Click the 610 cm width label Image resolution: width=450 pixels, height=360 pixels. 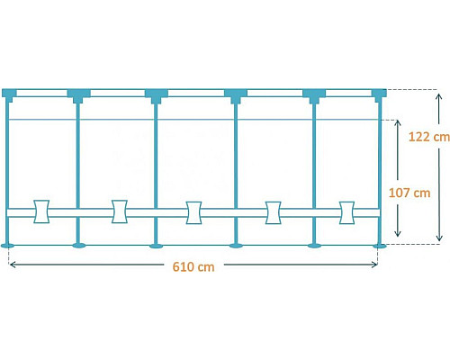pyautogui.click(x=193, y=266)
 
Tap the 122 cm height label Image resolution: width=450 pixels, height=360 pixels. pyautogui.click(x=429, y=137)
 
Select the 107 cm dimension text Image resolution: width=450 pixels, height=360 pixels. pyautogui.click(x=409, y=193)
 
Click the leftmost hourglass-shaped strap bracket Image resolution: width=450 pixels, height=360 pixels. pyautogui.click(x=41, y=211)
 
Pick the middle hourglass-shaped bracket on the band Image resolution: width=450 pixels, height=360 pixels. pyautogui.click(x=193, y=212)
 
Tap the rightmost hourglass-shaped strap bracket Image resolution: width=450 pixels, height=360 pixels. pyautogui.click(x=346, y=212)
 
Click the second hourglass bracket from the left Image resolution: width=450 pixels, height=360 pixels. pyautogui.click(x=120, y=211)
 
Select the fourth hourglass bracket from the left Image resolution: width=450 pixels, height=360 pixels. pyautogui.click(x=274, y=212)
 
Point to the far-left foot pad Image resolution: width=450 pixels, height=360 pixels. pyautogui.click(x=7, y=246)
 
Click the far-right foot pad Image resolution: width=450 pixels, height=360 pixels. pyautogui.click(x=380, y=246)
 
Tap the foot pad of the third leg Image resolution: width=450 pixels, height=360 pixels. pyautogui.click(x=156, y=246)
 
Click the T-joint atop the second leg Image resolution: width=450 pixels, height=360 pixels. pyautogui.click(x=78, y=95)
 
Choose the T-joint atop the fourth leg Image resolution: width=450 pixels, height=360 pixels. pyautogui.click(x=236, y=95)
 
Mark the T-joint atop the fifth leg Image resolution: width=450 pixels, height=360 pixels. pyautogui.click(x=314, y=95)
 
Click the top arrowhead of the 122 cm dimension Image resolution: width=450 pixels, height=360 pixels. pyautogui.click(x=439, y=96)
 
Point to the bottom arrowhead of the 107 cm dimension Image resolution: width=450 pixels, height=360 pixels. pyautogui.click(x=398, y=233)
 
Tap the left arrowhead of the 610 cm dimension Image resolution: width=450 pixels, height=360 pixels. pyautogui.click(x=13, y=265)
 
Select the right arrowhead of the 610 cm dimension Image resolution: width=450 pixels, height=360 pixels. pyautogui.click(x=374, y=265)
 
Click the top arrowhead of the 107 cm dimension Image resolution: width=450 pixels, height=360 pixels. pyautogui.click(x=398, y=123)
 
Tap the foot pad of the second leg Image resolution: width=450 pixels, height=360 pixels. pyautogui.click(x=79, y=246)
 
